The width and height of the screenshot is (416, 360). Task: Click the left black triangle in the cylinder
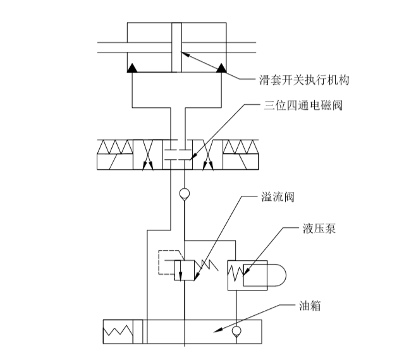coord(133,68)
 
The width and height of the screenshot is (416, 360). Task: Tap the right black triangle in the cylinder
coord(222,68)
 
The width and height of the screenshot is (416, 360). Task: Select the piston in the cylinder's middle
coord(176,48)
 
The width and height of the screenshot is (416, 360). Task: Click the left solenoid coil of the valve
coord(114,154)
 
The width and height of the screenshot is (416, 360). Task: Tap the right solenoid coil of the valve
coord(240,154)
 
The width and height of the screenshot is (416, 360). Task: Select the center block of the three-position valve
coord(177,154)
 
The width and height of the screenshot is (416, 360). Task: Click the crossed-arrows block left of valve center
coord(148,154)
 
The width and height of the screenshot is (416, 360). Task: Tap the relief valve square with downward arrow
coord(184,268)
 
